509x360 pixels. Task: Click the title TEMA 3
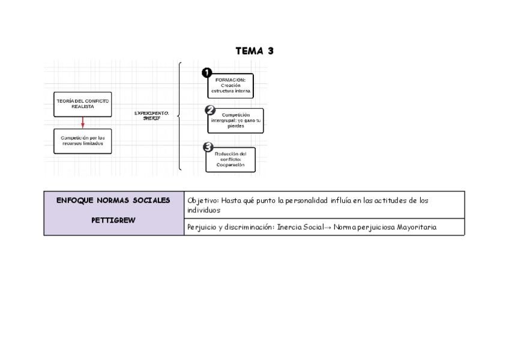pos(254,51)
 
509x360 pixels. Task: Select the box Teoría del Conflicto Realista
pos(83,104)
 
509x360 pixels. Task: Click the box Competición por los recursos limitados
pos(83,141)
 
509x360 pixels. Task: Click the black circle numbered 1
pos(207,73)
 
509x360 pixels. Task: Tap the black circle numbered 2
pos(210,110)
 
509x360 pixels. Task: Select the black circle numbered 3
pos(208,148)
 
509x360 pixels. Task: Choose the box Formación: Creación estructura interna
pos(230,86)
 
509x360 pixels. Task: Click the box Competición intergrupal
pos(236,121)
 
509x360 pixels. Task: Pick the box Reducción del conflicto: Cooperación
pos(230,160)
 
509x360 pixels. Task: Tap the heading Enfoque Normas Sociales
pos(113,200)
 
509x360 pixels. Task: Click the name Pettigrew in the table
pos(113,220)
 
